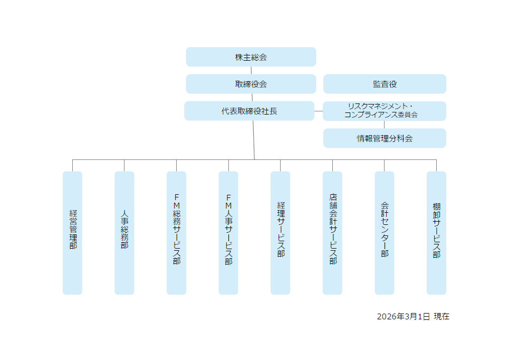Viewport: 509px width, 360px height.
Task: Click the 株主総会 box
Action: (251, 57)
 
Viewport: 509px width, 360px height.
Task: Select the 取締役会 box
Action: (251, 84)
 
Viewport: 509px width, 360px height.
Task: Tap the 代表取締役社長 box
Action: (249, 111)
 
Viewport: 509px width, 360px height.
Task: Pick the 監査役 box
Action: (384, 84)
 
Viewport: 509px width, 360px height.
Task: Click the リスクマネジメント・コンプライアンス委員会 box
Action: (384, 111)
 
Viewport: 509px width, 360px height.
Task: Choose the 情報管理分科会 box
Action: (384, 138)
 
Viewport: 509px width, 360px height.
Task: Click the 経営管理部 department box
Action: (72, 232)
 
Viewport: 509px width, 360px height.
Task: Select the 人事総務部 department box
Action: (124, 232)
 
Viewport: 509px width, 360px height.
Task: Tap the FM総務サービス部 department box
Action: (176, 232)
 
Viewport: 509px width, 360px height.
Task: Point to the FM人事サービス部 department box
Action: (228, 232)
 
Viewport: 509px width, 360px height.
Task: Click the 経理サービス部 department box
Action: (280, 232)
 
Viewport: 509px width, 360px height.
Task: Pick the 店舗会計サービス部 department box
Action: (332, 232)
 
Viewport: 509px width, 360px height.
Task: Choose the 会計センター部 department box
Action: (384, 232)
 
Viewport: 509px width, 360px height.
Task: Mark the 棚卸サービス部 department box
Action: (436, 232)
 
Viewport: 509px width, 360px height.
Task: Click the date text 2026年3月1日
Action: (403, 317)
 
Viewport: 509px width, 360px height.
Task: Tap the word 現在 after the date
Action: (441, 317)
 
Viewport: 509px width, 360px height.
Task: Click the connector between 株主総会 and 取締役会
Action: (251, 70)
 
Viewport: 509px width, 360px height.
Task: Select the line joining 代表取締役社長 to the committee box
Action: (319, 111)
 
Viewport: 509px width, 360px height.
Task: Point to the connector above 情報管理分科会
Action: (384, 125)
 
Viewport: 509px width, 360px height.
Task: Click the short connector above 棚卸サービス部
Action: (436, 165)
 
